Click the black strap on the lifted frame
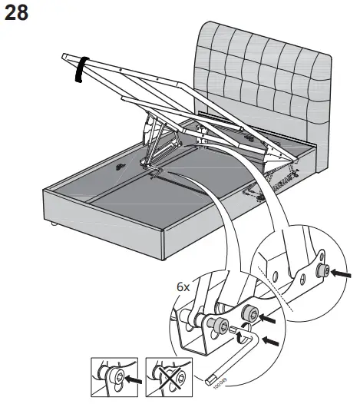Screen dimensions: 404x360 point(79,68)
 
